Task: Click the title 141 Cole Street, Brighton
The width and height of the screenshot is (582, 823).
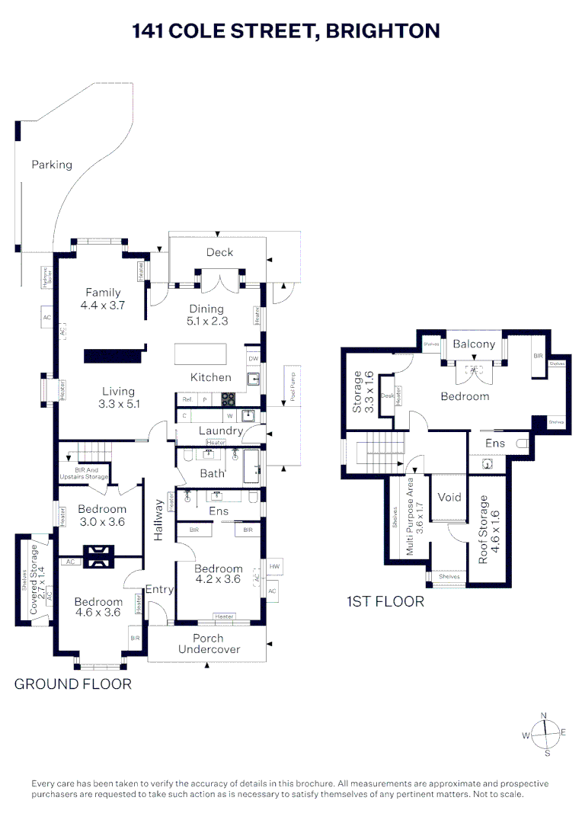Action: [286, 31]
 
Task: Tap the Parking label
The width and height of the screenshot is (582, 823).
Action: [52, 165]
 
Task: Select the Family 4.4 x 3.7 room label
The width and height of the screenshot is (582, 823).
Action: [104, 299]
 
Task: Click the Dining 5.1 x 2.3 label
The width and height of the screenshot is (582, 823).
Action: [206, 315]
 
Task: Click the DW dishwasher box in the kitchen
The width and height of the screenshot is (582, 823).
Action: [253, 358]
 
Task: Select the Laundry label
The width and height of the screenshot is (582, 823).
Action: [220, 431]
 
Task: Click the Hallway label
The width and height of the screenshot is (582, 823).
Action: [158, 520]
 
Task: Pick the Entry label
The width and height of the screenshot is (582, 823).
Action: [160, 589]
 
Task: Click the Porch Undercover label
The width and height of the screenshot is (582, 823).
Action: [208, 643]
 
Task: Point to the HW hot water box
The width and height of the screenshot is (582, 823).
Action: [273, 568]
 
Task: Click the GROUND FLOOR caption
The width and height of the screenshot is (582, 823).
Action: [73, 684]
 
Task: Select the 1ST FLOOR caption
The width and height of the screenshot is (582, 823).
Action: [385, 601]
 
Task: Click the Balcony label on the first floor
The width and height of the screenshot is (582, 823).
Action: [474, 344]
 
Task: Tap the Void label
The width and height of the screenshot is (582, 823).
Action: [449, 497]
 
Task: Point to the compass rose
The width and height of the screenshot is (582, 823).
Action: [544, 733]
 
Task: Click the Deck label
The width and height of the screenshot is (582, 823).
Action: [219, 252]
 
